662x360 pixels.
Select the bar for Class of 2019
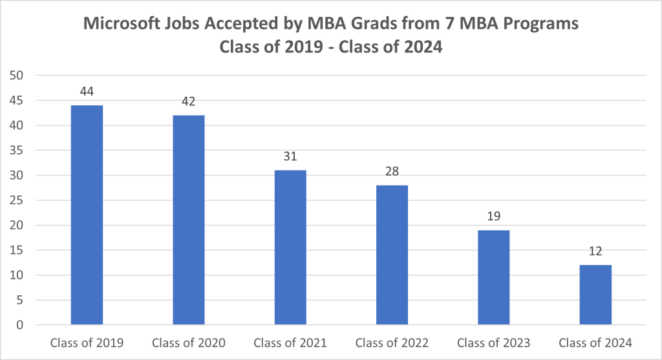point(87,215)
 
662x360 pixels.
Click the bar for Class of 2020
point(189,220)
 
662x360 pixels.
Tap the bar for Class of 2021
point(290,248)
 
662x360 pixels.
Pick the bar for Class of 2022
point(392,255)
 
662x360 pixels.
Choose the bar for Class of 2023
point(494,277)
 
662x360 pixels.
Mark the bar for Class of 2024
point(595,295)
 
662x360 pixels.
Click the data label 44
point(87,92)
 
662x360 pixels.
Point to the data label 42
point(189,101)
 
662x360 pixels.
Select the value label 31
point(290,156)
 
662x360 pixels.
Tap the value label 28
point(392,172)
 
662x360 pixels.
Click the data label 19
point(494,217)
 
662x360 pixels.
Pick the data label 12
point(595,251)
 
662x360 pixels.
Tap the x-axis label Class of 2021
point(290,343)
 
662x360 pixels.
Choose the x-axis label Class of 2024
point(595,343)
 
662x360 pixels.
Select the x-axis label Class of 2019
point(87,343)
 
